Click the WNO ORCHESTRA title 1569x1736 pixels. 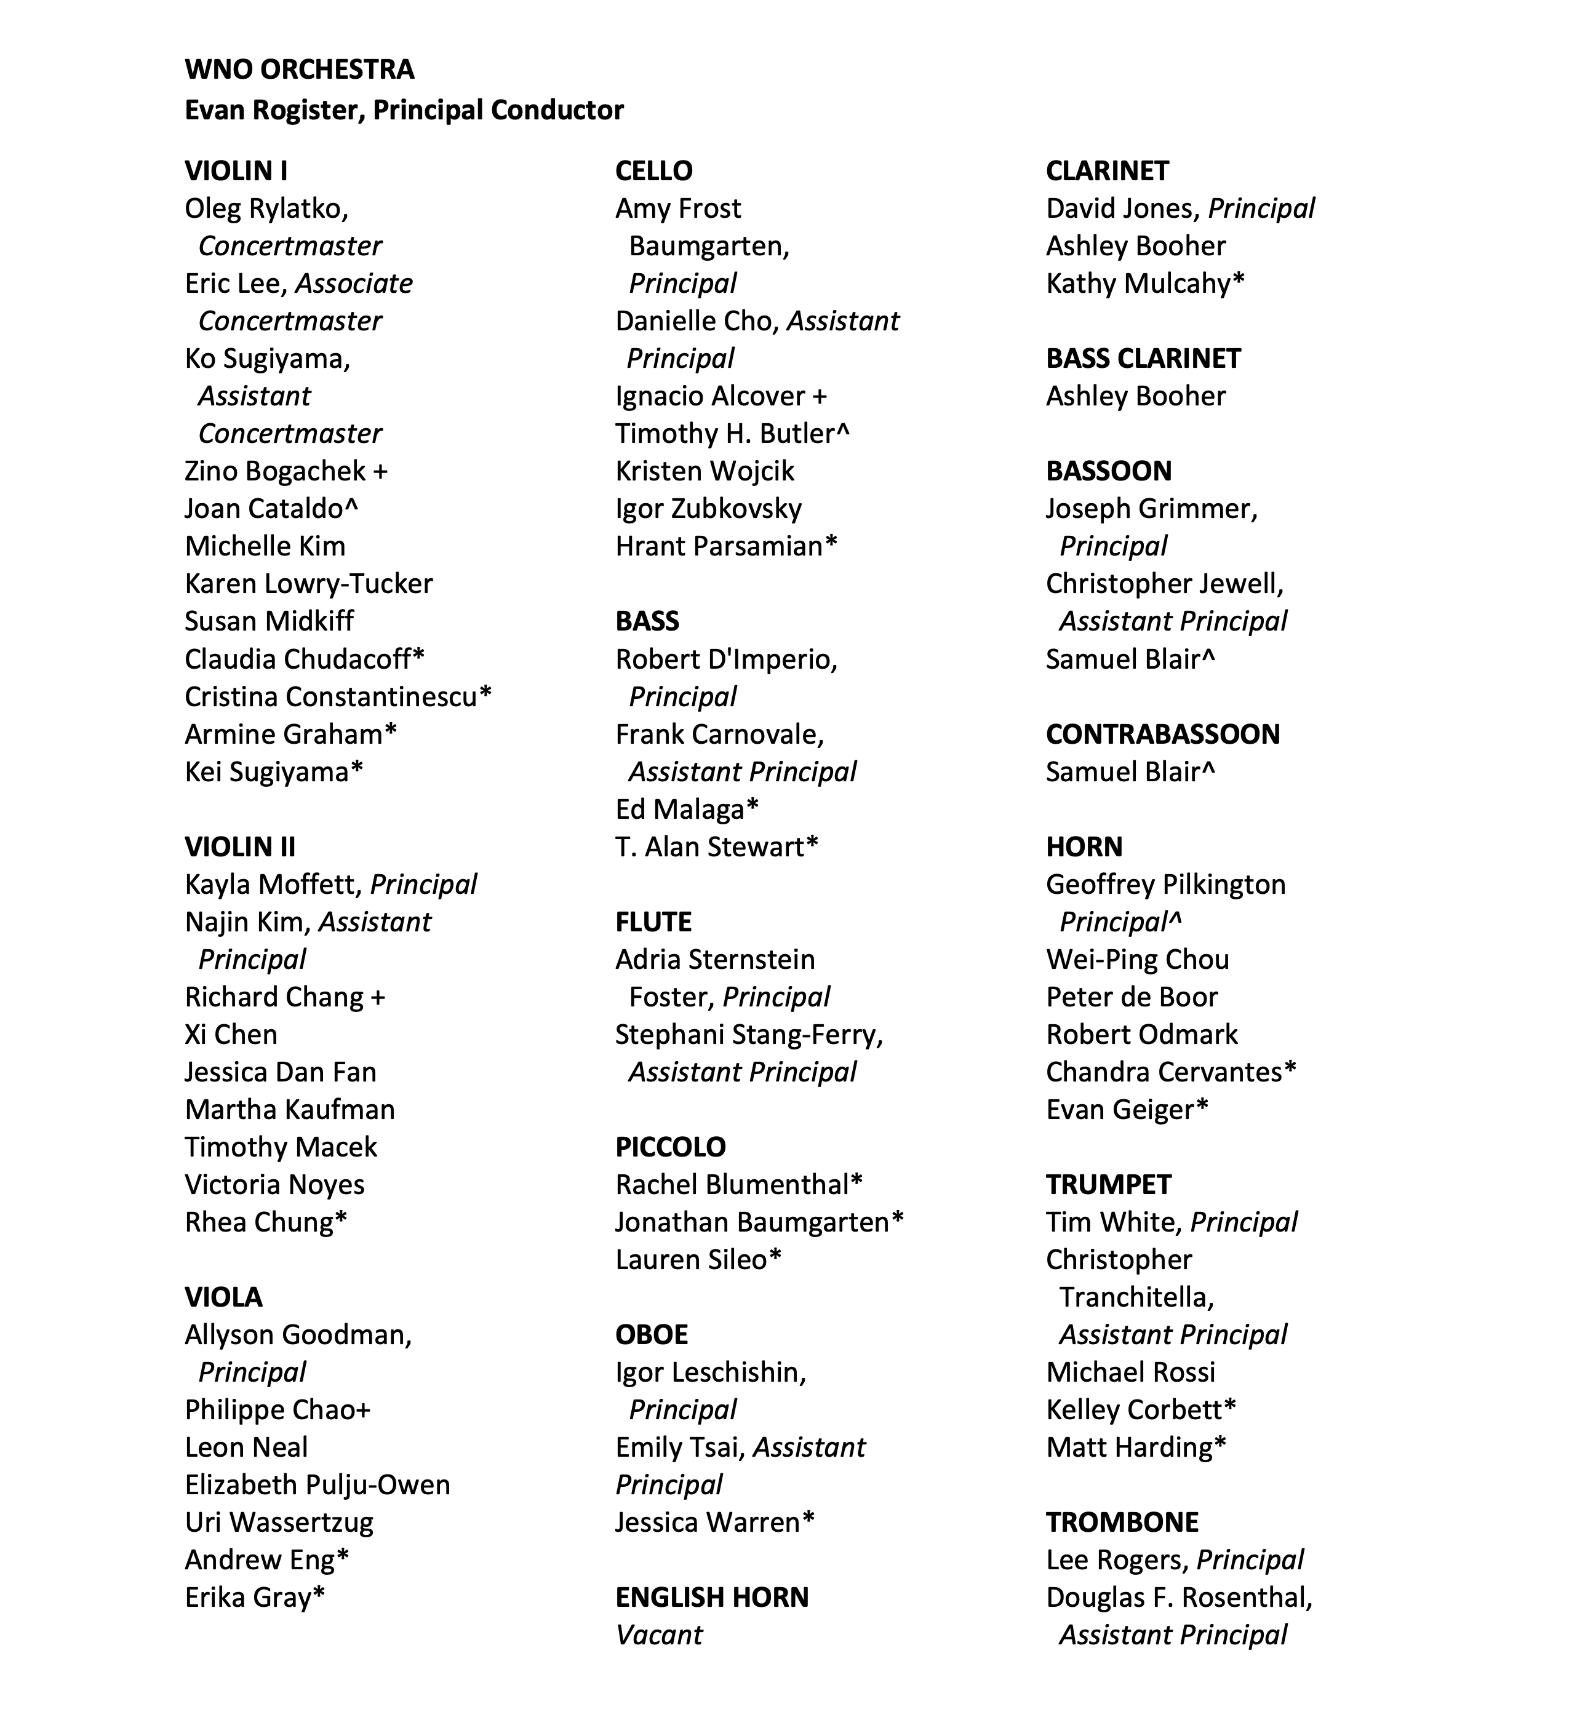[x=299, y=69]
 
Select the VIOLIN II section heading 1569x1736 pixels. [x=239, y=846]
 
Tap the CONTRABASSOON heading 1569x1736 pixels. [x=1162, y=734]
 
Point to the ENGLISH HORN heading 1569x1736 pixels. [x=711, y=1598]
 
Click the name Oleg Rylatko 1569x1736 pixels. [x=265, y=209]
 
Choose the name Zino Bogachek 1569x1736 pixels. [x=276, y=471]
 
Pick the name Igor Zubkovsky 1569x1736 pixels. [x=708, y=509]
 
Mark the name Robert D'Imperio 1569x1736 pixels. [x=724, y=659]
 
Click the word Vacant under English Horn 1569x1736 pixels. [x=659, y=1634]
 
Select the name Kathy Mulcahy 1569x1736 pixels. [x=1138, y=284]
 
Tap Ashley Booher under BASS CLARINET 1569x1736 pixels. [x=1135, y=396]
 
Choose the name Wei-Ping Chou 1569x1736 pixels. [x=1136, y=959]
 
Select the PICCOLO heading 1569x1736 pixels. [x=670, y=1147]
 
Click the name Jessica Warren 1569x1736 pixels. [x=707, y=1523]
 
